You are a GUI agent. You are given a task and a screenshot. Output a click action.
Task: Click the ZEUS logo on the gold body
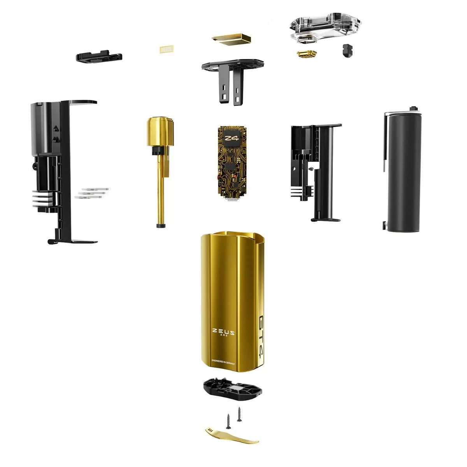click(x=223, y=332)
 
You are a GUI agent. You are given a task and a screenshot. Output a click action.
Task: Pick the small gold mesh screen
click(x=166, y=49)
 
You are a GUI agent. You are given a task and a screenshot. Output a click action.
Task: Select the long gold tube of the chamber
click(x=160, y=187)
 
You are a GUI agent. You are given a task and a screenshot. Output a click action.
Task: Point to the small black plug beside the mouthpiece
click(x=347, y=50)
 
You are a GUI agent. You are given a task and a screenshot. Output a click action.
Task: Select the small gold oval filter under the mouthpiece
click(x=306, y=54)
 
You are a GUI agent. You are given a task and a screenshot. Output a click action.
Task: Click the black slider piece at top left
click(x=99, y=56)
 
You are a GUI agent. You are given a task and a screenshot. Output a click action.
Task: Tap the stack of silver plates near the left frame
click(x=92, y=193)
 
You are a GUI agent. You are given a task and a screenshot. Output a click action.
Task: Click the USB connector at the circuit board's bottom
click(x=232, y=200)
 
